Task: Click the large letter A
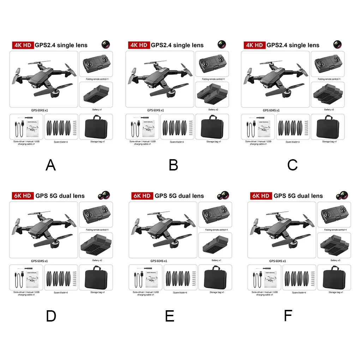(x=51, y=165)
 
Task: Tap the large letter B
(x=173, y=165)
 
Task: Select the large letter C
(x=293, y=165)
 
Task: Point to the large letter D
(x=51, y=316)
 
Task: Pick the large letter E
(x=170, y=316)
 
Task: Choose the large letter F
(x=288, y=316)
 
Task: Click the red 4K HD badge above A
(x=22, y=45)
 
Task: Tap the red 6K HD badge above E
(x=142, y=196)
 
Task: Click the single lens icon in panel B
(x=222, y=44)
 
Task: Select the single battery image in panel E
(x=215, y=245)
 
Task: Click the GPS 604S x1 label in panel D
(x=39, y=261)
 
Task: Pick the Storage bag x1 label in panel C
(x=329, y=142)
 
